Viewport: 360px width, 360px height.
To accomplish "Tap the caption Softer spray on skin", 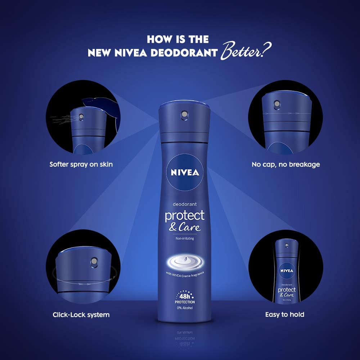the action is click(x=81, y=165).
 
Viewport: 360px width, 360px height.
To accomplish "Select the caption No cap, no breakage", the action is click(x=285, y=165).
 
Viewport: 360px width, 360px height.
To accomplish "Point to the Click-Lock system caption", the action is click(x=81, y=315).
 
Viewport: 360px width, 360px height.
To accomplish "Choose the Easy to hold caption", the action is click(x=285, y=315).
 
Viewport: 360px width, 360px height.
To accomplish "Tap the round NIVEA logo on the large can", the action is click(x=185, y=172).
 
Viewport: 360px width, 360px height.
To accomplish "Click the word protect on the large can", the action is click(x=185, y=216).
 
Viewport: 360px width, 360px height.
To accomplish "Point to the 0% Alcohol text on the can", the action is click(x=185, y=308).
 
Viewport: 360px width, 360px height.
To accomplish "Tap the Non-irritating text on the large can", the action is click(x=185, y=239).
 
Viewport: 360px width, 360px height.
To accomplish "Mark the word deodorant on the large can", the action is click(x=185, y=204).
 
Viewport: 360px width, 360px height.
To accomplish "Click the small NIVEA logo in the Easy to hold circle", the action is click(x=287, y=271).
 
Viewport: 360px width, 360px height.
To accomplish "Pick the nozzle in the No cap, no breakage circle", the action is click(x=277, y=104).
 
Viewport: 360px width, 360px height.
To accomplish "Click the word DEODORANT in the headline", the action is click(x=184, y=53).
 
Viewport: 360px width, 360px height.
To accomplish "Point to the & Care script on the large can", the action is click(x=185, y=227).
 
